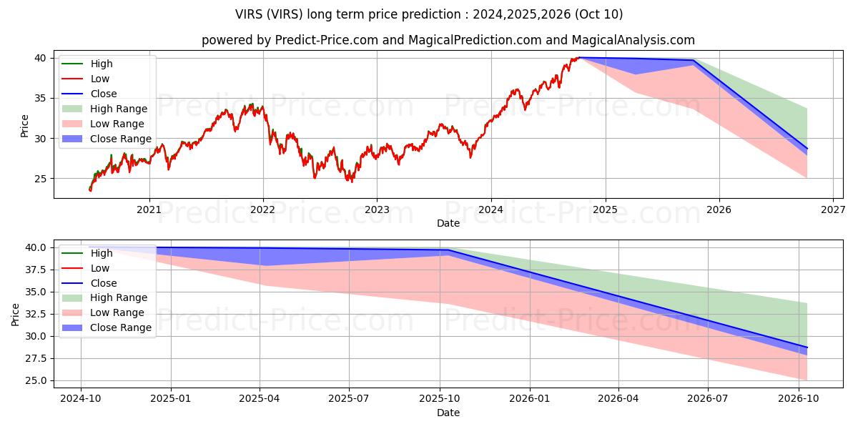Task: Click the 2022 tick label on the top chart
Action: [263, 209]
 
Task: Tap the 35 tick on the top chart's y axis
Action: [41, 98]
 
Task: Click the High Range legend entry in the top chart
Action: [119, 109]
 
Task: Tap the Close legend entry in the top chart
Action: [104, 94]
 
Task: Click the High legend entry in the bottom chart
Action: [102, 253]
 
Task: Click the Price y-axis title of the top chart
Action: [24, 126]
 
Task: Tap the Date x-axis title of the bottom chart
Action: [448, 413]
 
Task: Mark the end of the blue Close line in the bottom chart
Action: [807, 347]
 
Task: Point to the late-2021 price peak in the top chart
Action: [251, 104]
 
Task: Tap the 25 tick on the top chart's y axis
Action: [41, 179]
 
